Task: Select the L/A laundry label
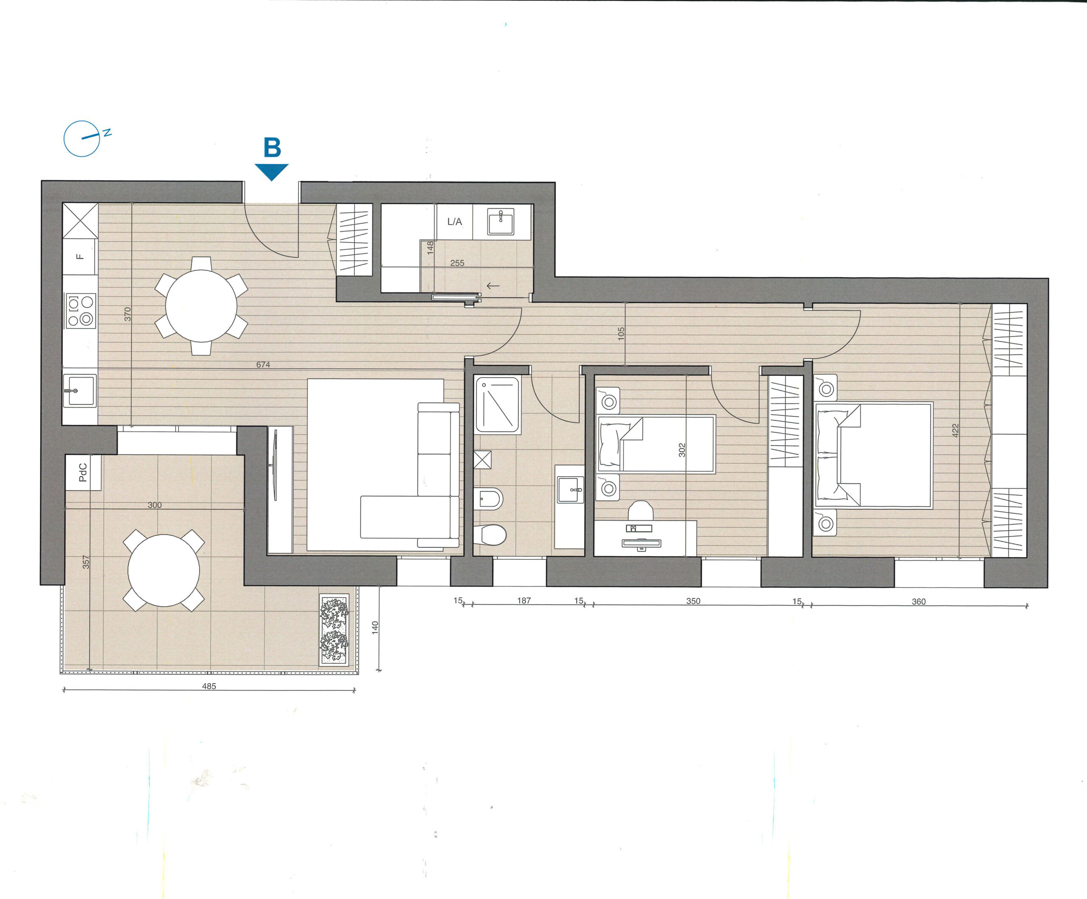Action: click(x=454, y=222)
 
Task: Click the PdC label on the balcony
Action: click(x=83, y=472)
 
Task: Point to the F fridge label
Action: click(x=80, y=256)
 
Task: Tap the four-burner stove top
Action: click(x=80, y=310)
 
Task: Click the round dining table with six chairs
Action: click(x=201, y=306)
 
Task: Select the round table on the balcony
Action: click(x=163, y=570)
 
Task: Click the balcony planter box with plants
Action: click(x=334, y=630)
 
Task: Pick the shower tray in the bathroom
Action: click(x=498, y=405)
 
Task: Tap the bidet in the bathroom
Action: click(x=488, y=499)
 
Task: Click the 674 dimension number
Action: click(x=263, y=364)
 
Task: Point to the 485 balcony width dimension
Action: click(x=209, y=686)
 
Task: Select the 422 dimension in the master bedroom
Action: click(x=955, y=431)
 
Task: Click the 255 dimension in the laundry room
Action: click(x=457, y=263)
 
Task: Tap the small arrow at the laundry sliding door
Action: click(x=493, y=286)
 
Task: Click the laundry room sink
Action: click(x=501, y=222)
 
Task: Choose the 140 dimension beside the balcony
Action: click(x=375, y=628)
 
